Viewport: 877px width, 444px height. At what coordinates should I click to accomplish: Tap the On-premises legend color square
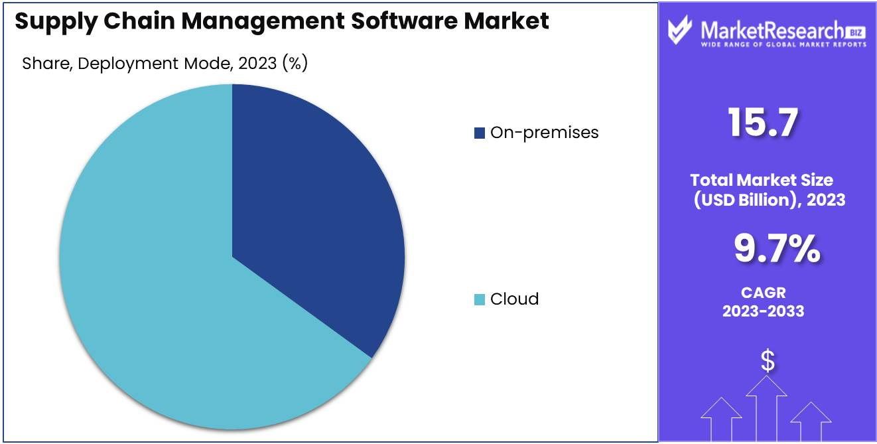479,133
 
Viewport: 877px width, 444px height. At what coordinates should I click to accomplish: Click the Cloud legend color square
479,299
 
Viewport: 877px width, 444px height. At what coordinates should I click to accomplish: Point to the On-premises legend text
544,133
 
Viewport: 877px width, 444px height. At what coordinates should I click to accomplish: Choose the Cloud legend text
514,299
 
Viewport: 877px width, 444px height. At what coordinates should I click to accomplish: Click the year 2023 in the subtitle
257,64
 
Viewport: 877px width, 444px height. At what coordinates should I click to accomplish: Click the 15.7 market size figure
762,123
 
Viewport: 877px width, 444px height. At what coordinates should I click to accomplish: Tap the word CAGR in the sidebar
763,293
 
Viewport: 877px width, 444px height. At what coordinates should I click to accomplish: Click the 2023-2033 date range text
763,311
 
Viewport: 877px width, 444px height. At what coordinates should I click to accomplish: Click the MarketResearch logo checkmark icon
681,30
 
